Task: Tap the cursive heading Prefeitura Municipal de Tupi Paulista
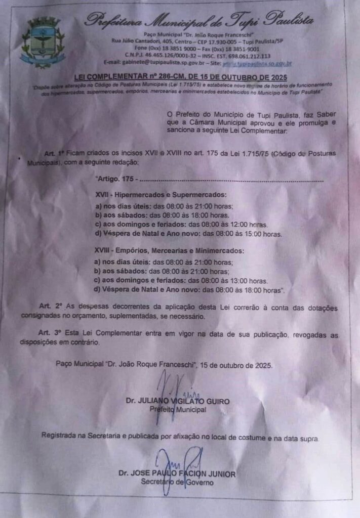199,20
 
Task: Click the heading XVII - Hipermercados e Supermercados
161,194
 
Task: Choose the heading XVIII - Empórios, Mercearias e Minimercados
169,250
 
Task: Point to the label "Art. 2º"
51,307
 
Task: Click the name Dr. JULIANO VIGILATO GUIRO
177,401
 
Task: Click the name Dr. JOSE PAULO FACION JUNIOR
177,474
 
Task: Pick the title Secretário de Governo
177,482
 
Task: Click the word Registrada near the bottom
61,436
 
